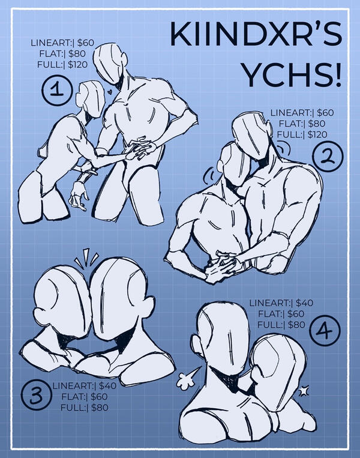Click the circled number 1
57,90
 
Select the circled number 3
36,395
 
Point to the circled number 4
325,331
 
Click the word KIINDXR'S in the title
256,34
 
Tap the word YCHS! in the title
292,74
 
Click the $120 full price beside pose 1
77,65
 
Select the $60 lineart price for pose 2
325,113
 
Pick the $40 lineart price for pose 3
107,385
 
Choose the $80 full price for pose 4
296,325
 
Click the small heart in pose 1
109,92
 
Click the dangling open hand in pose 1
78,196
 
